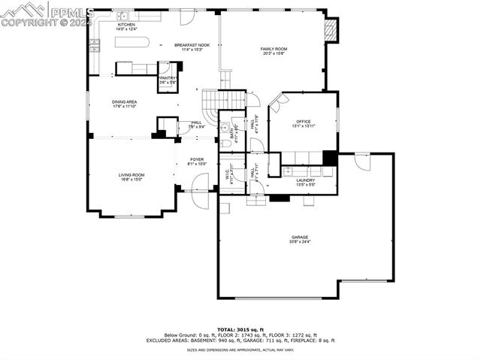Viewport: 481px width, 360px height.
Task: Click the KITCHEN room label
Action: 126,25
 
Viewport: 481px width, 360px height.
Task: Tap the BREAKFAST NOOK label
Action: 192,45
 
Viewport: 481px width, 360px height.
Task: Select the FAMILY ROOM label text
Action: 274,49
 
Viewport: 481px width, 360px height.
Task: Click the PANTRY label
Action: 167,77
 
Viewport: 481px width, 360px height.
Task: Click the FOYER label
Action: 196,159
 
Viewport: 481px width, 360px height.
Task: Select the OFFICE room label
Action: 303,121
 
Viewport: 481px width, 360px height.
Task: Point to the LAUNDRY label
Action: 305,180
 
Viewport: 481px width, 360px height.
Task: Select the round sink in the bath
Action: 225,126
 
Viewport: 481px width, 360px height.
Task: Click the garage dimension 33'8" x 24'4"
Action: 300,242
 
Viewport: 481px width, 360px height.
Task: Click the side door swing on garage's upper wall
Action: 362,162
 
